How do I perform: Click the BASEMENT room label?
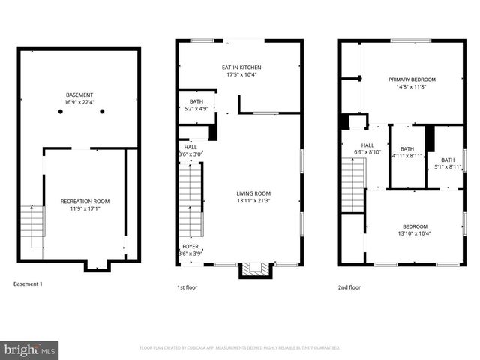[79, 95]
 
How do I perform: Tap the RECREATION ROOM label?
[85, 201]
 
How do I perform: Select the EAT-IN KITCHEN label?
[241, 67]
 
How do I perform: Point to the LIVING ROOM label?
[253, 193]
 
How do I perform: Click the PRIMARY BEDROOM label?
[412, 79]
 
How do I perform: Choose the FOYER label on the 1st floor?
[190, 246]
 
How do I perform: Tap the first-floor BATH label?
[196, 101]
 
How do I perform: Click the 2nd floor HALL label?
[367, 145]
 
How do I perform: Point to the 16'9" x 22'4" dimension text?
[79, 102]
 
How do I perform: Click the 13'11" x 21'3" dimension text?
[253, 200]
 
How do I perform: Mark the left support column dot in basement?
[60, 112]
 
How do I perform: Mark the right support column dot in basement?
[102, 112]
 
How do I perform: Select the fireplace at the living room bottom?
[252, 270]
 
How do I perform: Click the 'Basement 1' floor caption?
[28, 284]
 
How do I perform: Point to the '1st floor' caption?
[187, 286]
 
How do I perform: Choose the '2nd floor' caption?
[349, 286]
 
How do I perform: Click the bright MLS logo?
[30, 349]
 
